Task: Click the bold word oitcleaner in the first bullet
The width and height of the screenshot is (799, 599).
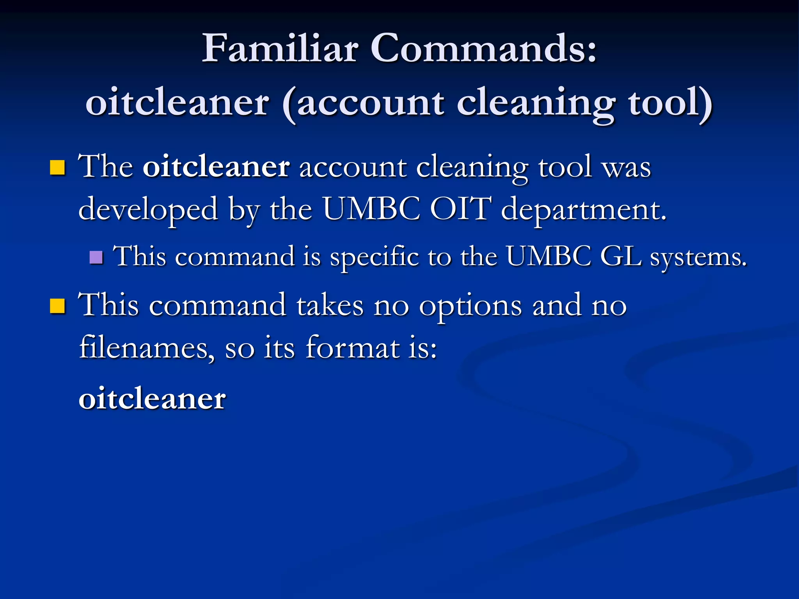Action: (x=216, y=167)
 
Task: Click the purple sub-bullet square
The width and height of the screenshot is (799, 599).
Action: (x=96, y=257)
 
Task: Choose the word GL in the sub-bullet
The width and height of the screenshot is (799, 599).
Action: (x=621, y=257)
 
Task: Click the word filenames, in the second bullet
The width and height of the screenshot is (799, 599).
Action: (x=146, y=347)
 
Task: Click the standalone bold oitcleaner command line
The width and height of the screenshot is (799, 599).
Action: (x=152, y=399)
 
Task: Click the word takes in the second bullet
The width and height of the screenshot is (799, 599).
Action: (x=330, y=305)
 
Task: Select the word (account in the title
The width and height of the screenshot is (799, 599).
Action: (x=363, y=103)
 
